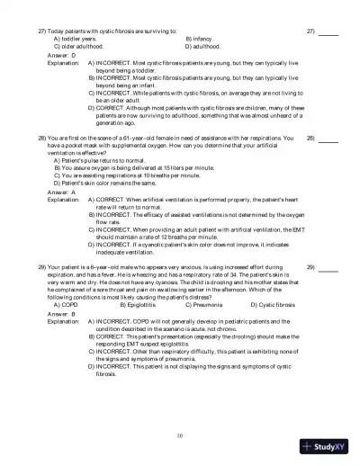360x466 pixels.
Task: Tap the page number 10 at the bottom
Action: pyautogui.click(x=180, y=435)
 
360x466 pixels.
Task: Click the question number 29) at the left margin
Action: pyautogui.click(x=42, y=267)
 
